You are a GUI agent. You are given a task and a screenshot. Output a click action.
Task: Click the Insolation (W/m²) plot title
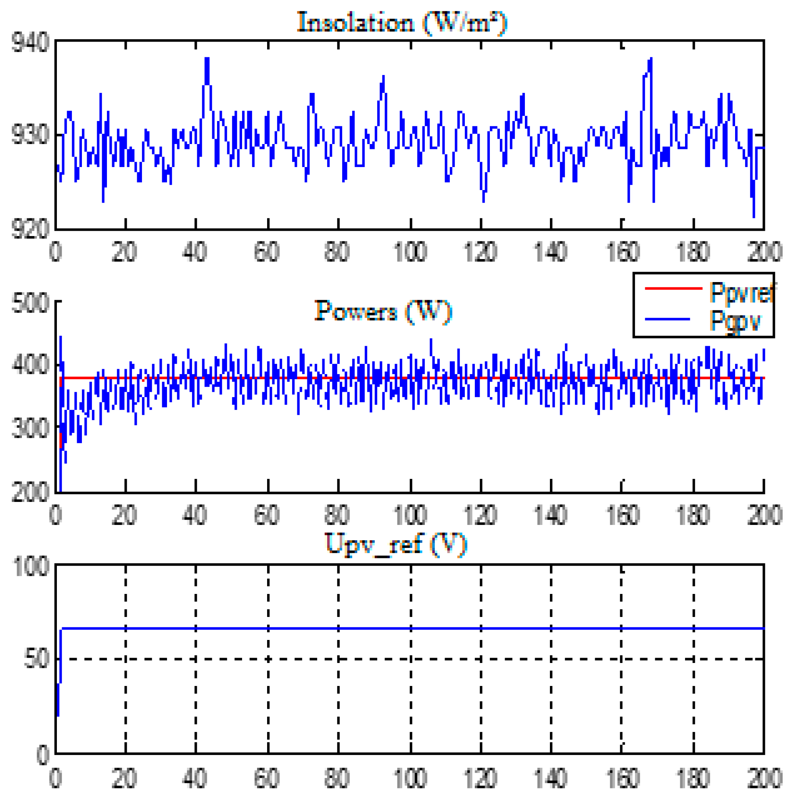pyautogui.click(x=401, y=23)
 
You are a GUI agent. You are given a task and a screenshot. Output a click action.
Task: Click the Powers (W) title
pyautogui.click(x=383, y=312)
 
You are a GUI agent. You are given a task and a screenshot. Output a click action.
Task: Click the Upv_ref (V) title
pyautogui.click(x=396, y=544)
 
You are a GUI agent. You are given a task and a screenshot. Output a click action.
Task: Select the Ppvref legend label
pyautogui.click(x=741, y=292)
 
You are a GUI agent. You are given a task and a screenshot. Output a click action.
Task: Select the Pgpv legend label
pyautogui.click(x=735, y=320)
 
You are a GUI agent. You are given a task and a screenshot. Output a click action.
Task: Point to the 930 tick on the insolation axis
pyautogui.click(x=30, y=135)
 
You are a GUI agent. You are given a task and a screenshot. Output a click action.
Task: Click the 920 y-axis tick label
pyautogui.click(x=30, y=228)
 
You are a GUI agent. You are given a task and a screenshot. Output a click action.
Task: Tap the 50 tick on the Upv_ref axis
pyautogui.click(x=37, y=659)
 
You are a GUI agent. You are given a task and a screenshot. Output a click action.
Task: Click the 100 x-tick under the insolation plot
pyautogui.click(x=410, y=251)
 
